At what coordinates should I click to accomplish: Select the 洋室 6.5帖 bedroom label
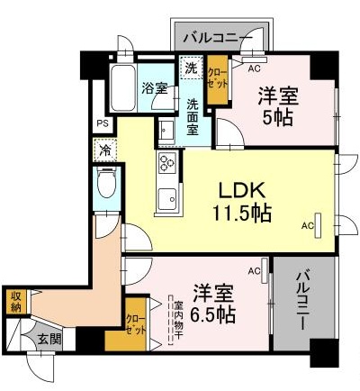pyautogui.click(x=214, y=304)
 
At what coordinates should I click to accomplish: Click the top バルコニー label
pyautogui.click(x=213, y=39)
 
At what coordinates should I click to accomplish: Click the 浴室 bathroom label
pyautogui.click(x=155, y=88)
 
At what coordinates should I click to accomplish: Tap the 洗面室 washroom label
pyautogui.click(x=193, y=115)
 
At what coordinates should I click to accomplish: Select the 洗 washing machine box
pyautogui.click(x=191, y=67)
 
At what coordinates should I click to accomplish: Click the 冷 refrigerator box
pyautogui.click(x=104, y=150)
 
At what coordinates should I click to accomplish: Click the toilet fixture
pyautogui.click(x=104, y=187)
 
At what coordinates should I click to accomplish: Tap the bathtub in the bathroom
pyautogui.click(x=123, y=89)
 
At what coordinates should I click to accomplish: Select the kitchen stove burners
pyautogui.click(x=167, y=163)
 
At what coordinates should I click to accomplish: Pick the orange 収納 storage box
pyautogui.click(x=15, y=301)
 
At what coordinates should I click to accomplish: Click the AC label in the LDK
pyautogui.click(x=308, y=225)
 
